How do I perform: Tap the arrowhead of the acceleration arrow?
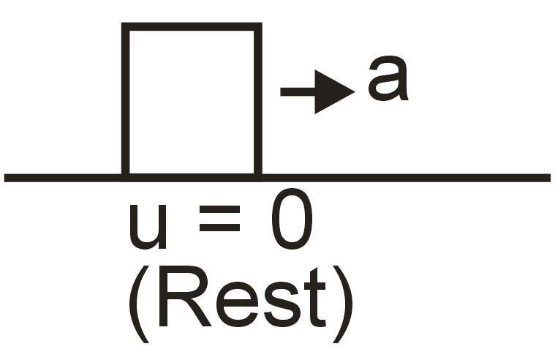(x=333, y=91)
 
